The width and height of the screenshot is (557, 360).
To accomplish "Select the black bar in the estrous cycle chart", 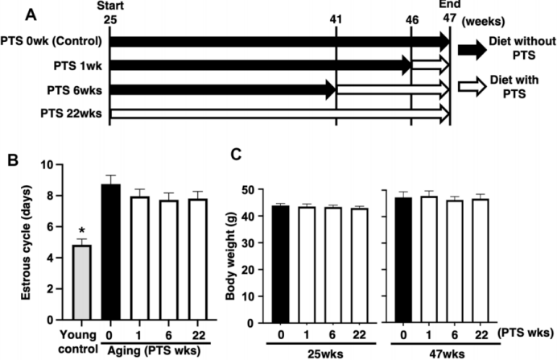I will (x=110, y=253).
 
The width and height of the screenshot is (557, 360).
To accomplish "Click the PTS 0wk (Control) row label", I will (x=55, y=41).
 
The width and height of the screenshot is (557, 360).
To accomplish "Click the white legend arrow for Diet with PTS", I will (x=474, y=84).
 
